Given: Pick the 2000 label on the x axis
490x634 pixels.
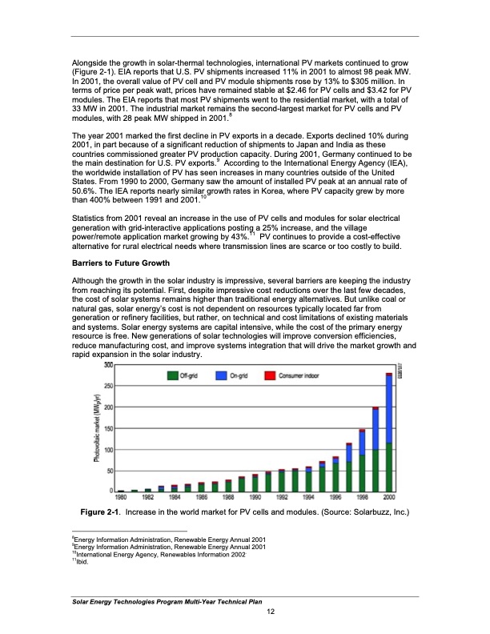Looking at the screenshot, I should coord(388,497).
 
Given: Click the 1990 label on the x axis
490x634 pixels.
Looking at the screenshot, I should coord(255,497).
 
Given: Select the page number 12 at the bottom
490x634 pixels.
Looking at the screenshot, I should coord(271,612).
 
